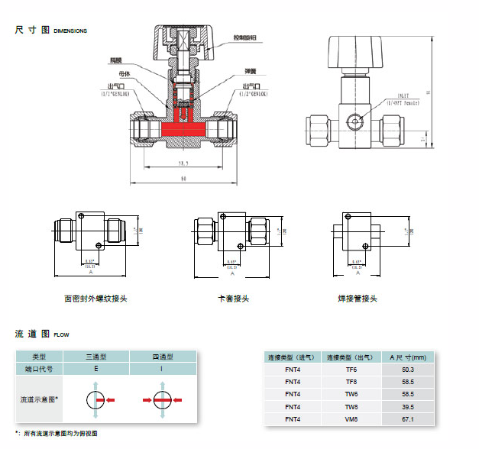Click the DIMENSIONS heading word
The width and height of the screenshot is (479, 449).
point(70,31)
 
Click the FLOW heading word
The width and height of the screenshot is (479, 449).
point(61,334)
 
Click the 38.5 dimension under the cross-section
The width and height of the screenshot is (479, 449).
point(183,163)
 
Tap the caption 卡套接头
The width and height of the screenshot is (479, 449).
point(234,299)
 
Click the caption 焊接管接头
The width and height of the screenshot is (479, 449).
point(358,299)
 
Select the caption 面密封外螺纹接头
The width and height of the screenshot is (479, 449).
point(95,299)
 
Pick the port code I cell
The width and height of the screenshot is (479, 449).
point(161,369)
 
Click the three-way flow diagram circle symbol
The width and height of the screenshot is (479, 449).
point(96,399)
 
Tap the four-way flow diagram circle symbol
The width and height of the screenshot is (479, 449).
point(161,399)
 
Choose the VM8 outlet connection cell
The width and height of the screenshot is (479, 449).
point(351,419)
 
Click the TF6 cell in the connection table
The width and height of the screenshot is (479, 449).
point(351,370)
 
